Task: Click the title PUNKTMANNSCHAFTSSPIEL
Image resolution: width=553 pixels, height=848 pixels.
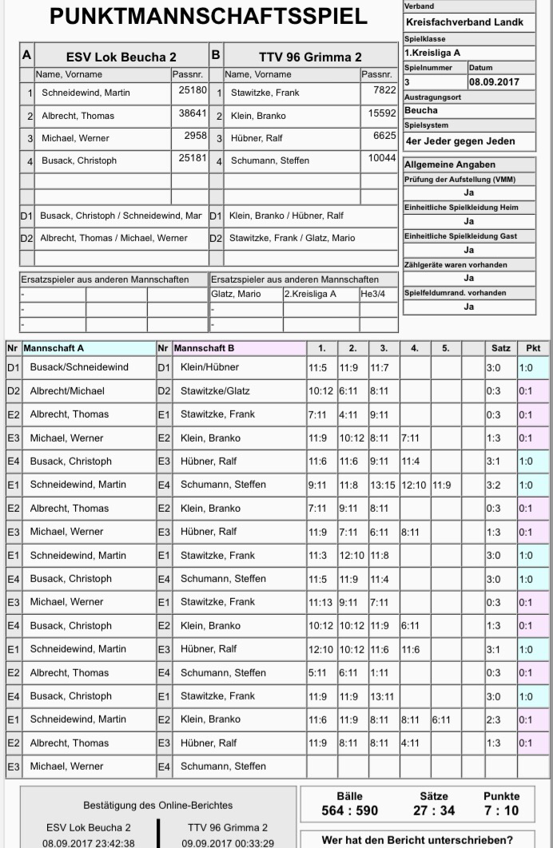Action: (x=209, y=17)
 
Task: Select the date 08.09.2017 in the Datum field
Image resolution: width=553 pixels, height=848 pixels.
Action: (x=494, y=81)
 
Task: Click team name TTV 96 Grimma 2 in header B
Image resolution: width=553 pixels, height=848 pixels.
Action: (x=310, y=57)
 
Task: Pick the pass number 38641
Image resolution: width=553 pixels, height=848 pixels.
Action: (x=192, y=114)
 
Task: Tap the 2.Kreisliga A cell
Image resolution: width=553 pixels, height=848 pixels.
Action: (x=310, y=294)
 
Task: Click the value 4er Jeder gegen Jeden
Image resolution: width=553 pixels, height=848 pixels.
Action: (x=460, y=141)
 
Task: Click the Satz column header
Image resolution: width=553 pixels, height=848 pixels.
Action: (x=500, y=348)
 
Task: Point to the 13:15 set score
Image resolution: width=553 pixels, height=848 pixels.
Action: (x=383, y=485)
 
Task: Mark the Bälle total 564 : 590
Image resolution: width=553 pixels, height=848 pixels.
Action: (x=349, y=811)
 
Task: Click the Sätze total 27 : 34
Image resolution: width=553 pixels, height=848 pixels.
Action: (x=433, y=811)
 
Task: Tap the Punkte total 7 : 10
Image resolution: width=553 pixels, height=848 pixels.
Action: (x=501, y=811)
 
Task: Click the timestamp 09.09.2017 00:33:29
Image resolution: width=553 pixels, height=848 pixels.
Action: (x=228, y=842)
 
